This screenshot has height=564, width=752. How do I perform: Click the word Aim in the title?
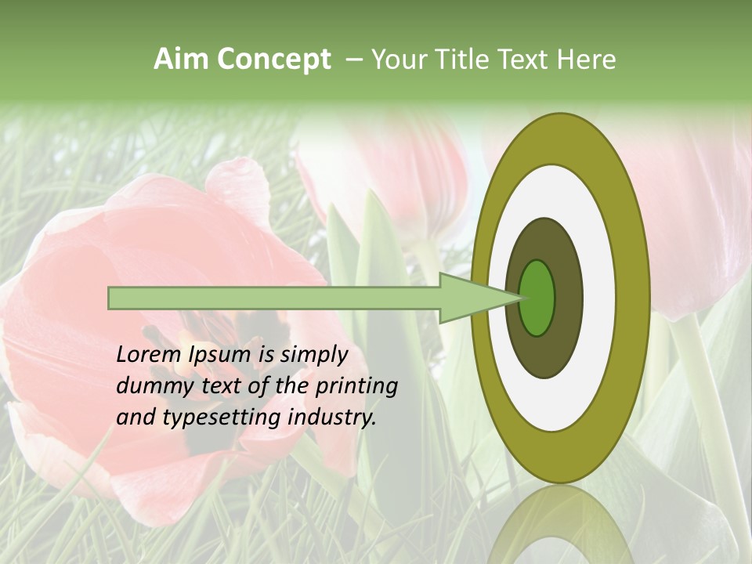pos(182,60)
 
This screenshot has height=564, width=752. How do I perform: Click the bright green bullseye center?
pos(537,298)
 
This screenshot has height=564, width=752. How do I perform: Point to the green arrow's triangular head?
pos(470,298)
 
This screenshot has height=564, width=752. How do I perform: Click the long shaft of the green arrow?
pos(274,298)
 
